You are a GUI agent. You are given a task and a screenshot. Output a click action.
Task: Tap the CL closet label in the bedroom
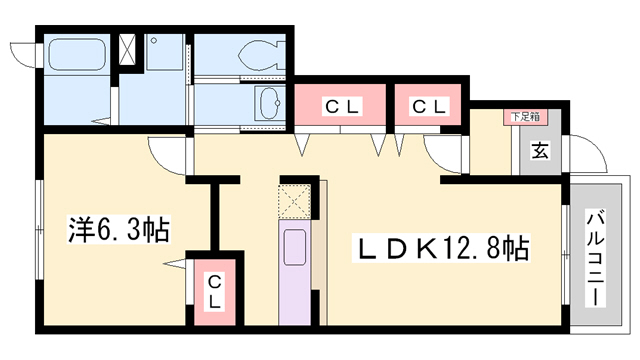click(215, 293)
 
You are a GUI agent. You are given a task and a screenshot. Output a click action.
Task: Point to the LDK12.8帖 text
click(437, 247)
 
